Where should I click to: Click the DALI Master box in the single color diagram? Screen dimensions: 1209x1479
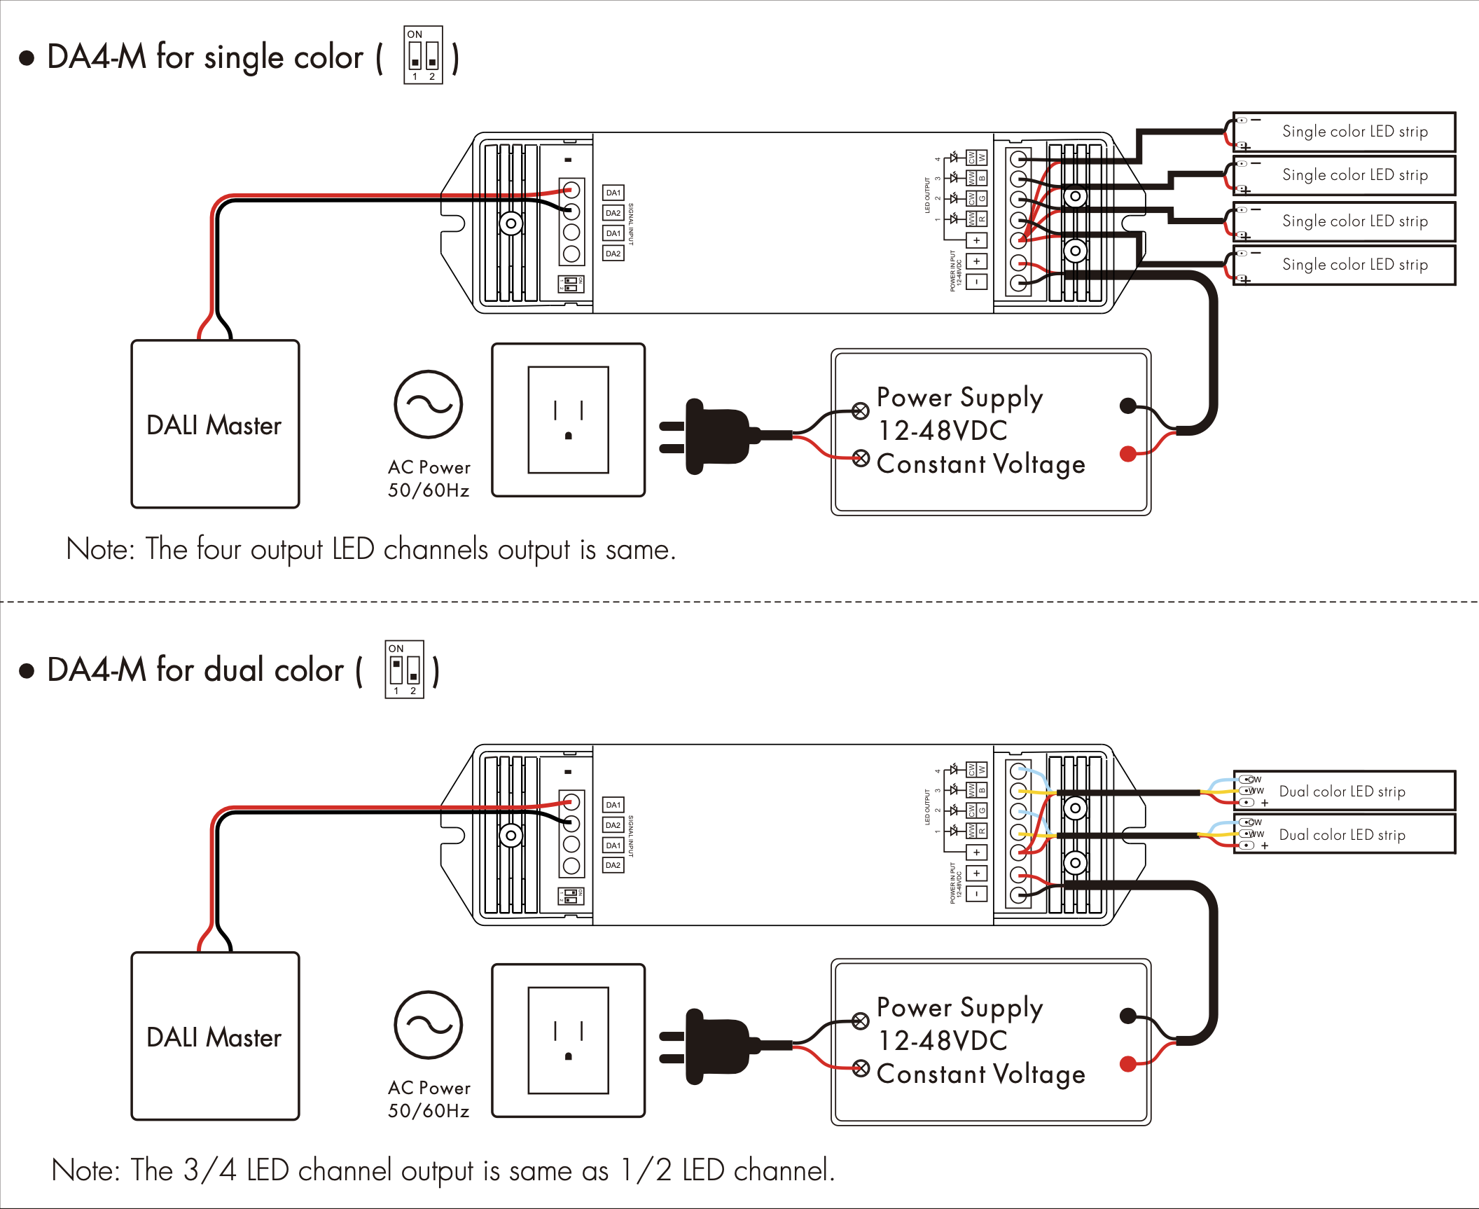point(215,424)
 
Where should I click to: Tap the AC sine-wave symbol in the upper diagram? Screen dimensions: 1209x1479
point(428,404)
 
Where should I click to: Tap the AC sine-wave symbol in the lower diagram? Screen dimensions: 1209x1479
point(428,1025)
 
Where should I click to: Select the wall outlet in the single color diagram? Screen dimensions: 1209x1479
point(568,420)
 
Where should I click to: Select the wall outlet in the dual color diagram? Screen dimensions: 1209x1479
point(568,1040)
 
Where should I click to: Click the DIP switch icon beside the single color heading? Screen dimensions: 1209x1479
point(423,55)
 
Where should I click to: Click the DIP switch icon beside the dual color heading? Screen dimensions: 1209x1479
point(404,669)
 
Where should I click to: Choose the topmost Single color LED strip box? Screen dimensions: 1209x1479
point(1344,132)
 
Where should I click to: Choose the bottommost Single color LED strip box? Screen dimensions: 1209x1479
point(1344,265)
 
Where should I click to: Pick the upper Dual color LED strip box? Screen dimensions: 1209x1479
point(1344,791)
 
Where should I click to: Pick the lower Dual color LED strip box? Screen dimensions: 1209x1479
point(1344,834)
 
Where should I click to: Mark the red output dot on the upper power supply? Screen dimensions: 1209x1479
point(1127,454)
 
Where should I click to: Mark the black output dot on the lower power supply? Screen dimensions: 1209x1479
point(1127,1016)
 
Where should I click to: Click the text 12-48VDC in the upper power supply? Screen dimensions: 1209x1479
point(943,430)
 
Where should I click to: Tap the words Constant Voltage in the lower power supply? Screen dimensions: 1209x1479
point(980,1074)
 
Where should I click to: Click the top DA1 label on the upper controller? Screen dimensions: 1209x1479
point(613,193)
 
